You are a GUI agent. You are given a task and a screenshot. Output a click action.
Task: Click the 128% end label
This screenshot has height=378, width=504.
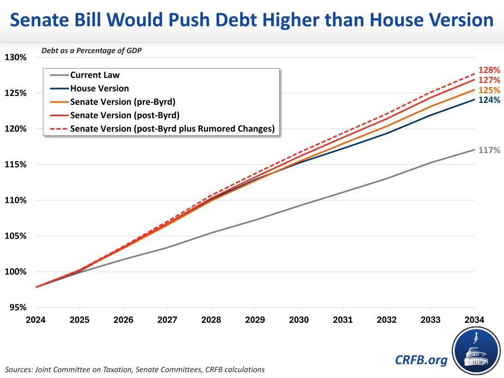point(489,70)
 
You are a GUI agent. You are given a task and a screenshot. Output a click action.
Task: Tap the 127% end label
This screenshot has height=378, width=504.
point(489,80)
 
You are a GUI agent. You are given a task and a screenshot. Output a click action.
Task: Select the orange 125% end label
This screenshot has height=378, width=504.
point(489,91)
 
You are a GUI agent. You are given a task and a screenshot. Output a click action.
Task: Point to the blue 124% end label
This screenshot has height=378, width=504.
point(489,100)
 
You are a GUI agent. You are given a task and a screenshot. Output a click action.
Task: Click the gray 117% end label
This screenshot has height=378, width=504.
point(489,150)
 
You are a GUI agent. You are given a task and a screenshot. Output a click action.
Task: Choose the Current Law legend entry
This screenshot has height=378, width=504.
point(95,75)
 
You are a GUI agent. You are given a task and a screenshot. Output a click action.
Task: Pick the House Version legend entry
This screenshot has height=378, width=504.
point(99,89)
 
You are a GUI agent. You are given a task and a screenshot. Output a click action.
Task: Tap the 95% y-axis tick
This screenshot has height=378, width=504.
point(17,308)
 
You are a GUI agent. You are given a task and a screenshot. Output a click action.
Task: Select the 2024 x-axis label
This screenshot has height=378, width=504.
point(36,320)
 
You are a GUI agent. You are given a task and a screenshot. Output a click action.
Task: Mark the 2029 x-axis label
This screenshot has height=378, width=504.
point(255,320)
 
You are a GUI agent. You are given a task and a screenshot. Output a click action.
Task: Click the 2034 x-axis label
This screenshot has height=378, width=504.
point(474,320)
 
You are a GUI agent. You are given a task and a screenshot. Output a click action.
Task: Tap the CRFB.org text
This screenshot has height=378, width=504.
point(421,360)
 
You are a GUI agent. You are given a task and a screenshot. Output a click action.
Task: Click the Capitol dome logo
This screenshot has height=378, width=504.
point(475,350)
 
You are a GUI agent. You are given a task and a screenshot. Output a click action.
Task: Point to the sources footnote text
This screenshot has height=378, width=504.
point(135,370)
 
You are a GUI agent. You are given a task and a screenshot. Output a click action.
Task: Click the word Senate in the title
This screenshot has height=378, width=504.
point(46,20)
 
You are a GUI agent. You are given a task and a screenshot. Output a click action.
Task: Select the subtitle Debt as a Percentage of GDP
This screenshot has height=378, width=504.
point(92,51)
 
